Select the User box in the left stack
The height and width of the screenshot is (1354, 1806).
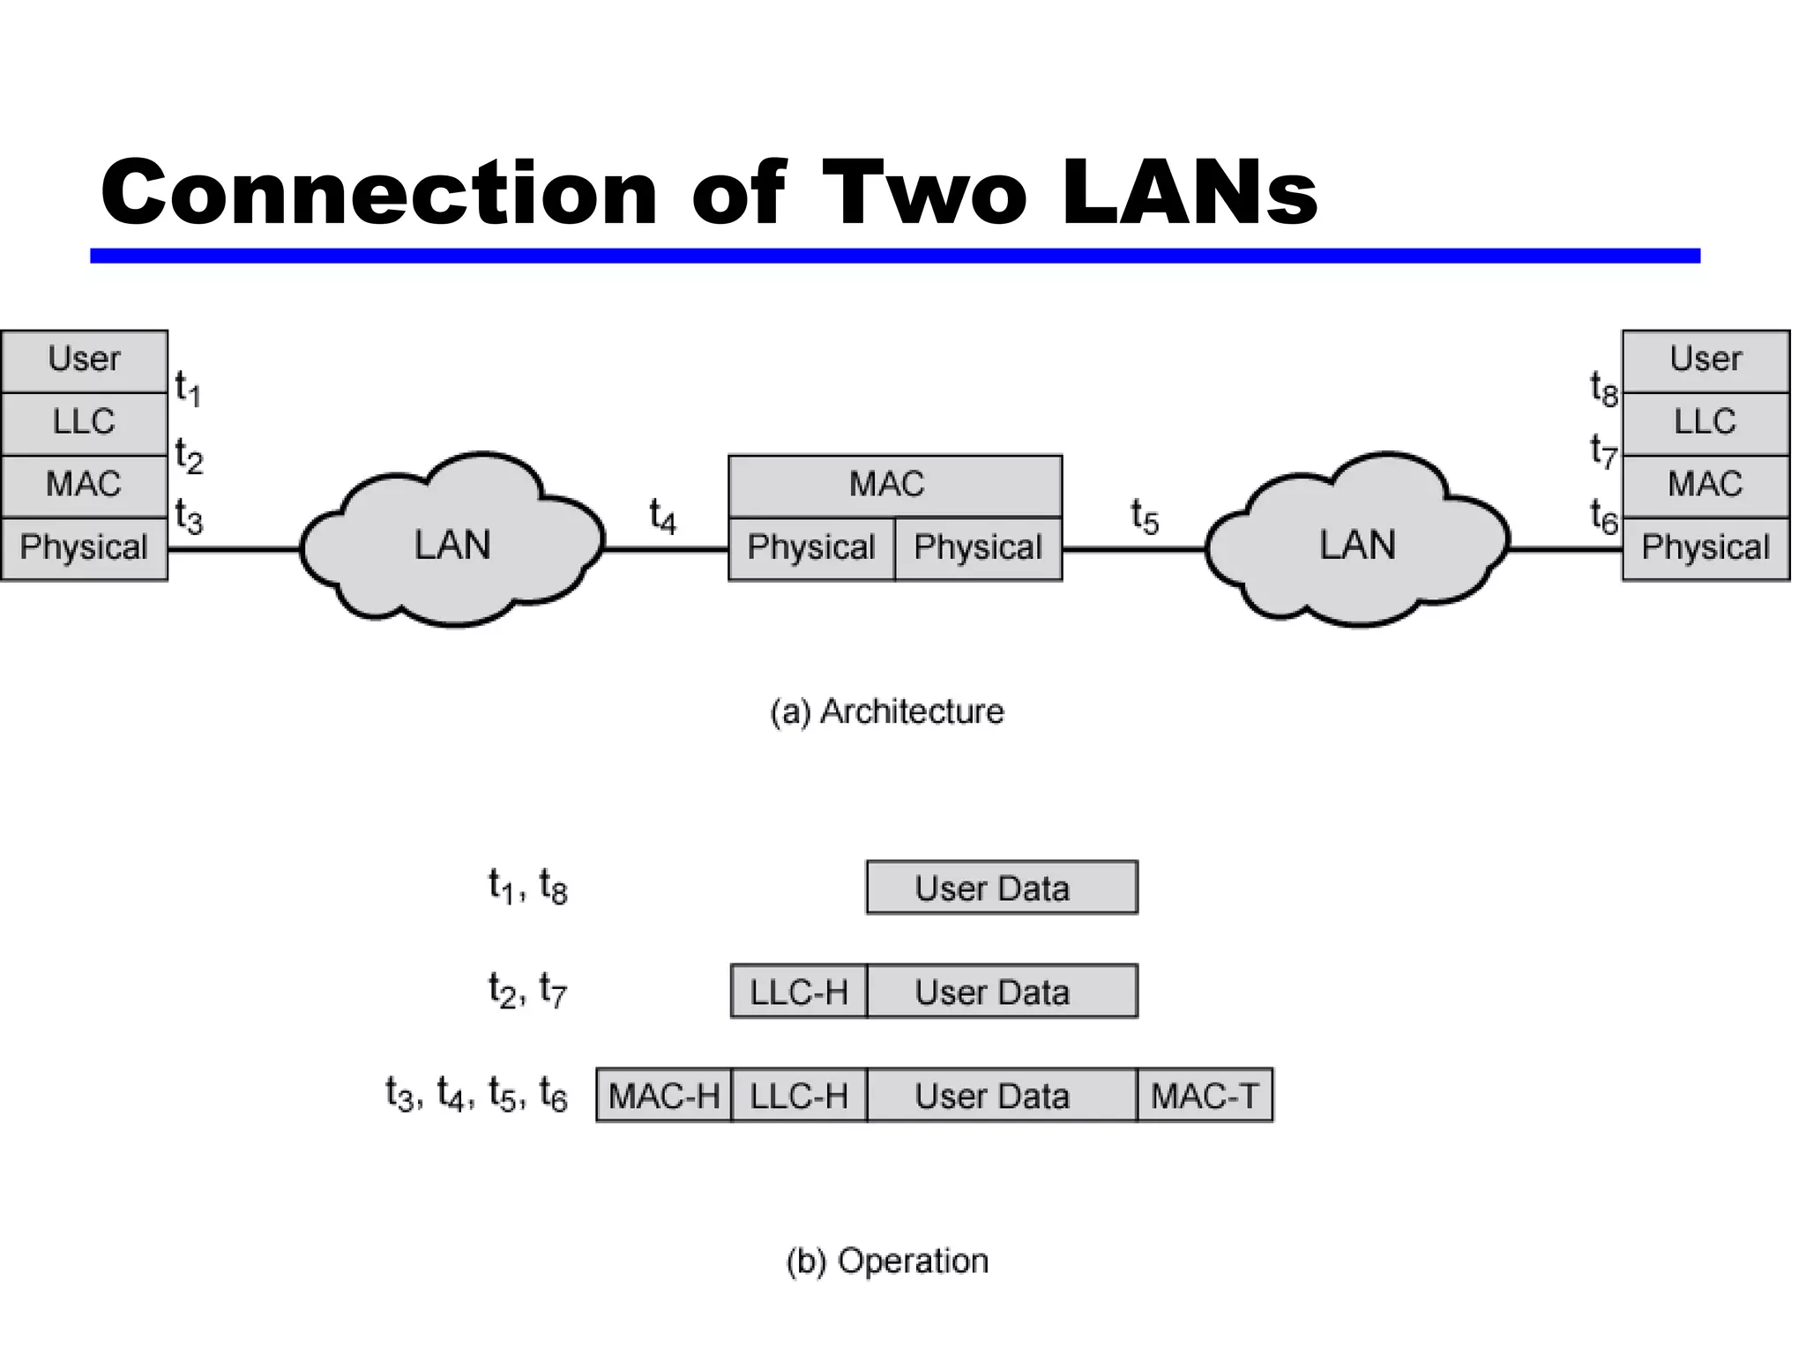(84, 361)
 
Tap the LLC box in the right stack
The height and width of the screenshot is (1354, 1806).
(1705, 422)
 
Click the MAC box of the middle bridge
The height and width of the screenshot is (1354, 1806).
(894, 485)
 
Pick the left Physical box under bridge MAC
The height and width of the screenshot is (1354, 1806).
(810, 548)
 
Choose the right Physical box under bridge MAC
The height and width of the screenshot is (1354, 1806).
(978, 548)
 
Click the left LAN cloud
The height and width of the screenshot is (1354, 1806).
(451, 544)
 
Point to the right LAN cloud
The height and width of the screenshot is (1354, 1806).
(1357, 544)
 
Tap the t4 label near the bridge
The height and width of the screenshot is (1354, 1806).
(662, 517)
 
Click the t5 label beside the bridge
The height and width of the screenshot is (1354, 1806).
(1145, 517)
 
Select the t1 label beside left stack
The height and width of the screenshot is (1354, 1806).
(188, 389)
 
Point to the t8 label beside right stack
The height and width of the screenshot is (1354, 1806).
(1603, 389)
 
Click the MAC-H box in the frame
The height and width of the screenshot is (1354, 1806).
(664, 1096)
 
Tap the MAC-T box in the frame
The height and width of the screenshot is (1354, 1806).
(1205, 1096)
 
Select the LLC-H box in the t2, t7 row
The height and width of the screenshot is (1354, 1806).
(799, 992)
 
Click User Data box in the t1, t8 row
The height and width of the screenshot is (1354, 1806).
(1002, 888)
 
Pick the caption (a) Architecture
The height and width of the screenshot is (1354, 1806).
(886, 711)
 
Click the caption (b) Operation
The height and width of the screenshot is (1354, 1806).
(886, 1261)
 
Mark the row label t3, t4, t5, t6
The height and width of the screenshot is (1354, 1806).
(476, 1096)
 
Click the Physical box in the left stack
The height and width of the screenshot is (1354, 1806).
(84, 548)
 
